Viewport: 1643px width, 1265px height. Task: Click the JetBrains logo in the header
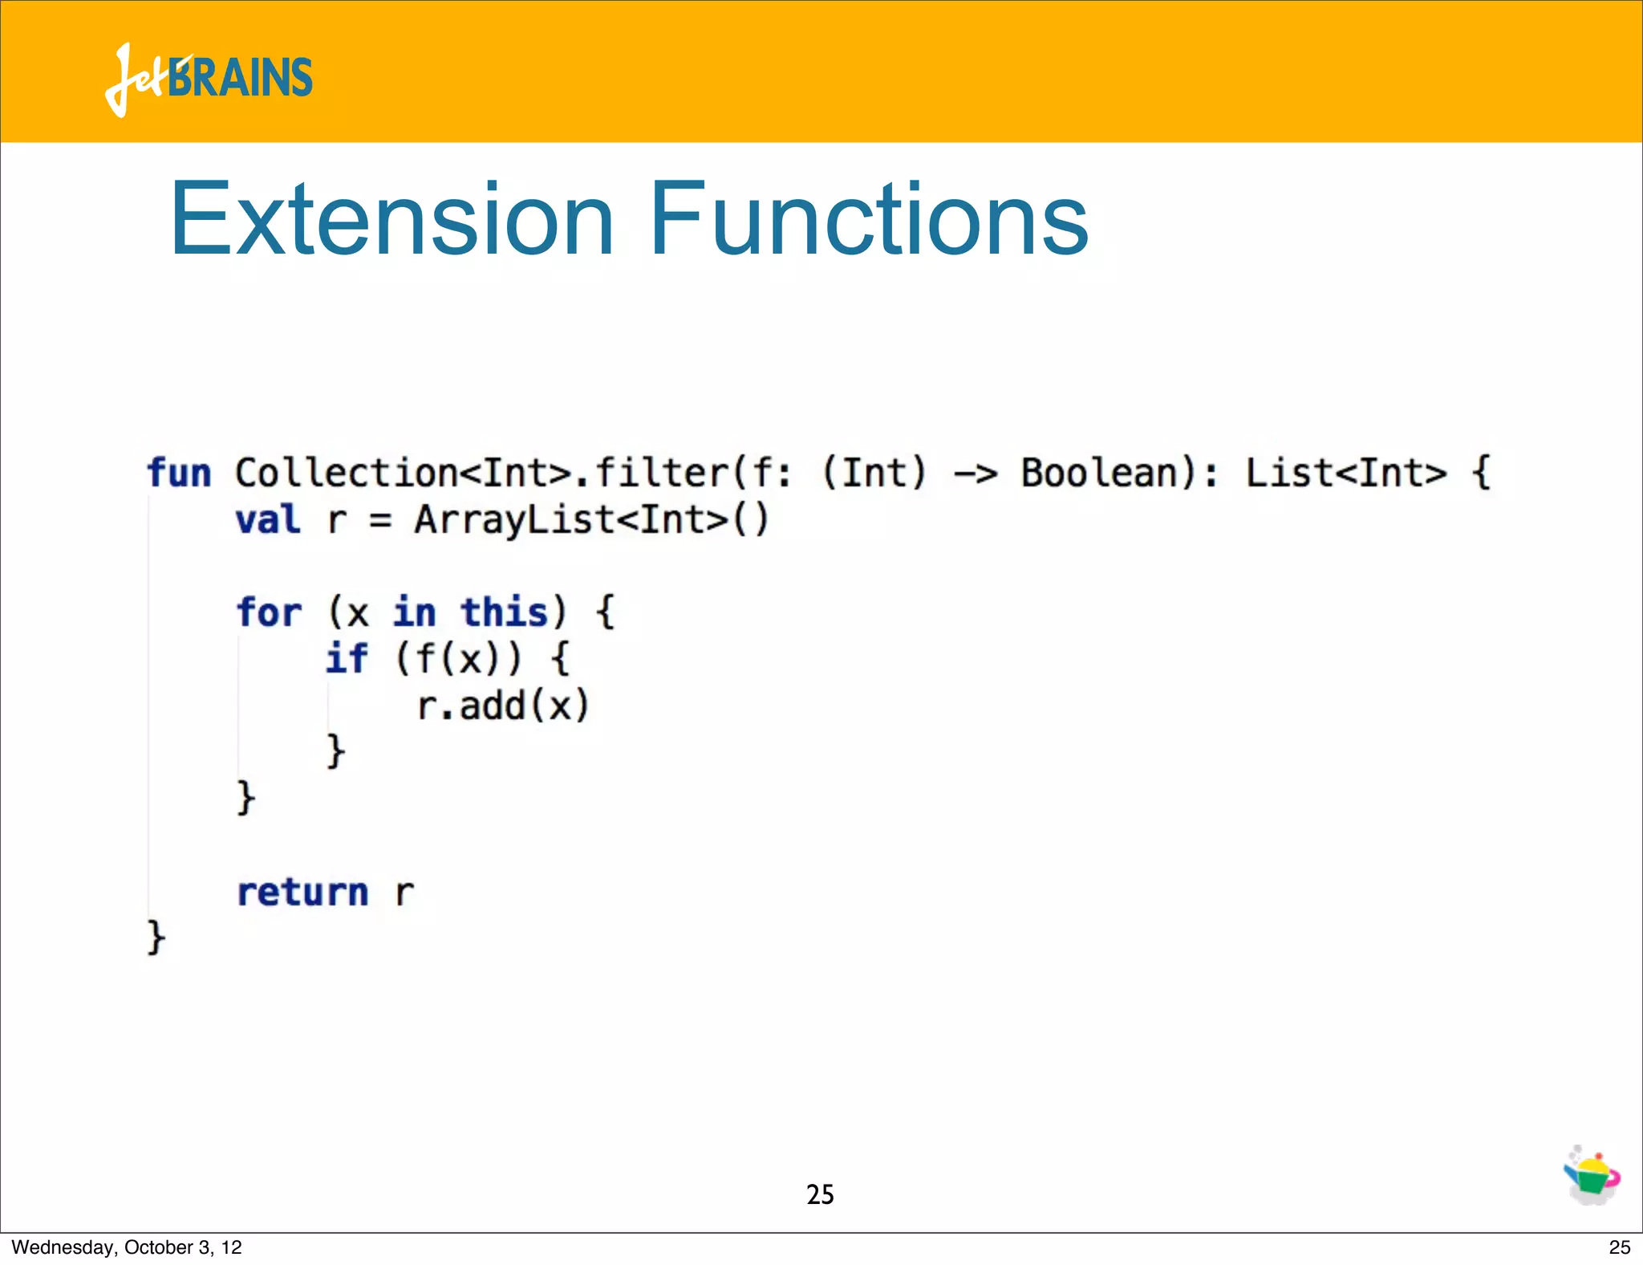pyautogui.click(x=209, y=79)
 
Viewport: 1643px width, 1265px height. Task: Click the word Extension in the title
pyautogui.click(x=391, y=220)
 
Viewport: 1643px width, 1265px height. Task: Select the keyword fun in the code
pyautogui.click(x=179, y=473)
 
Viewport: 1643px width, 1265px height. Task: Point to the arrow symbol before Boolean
pyautogui.click(x=975, y=474)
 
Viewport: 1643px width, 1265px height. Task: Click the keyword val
pyautogui.click(x=268, y=520)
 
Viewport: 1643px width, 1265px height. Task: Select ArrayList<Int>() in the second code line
pyautogui.click(x=591, y=520)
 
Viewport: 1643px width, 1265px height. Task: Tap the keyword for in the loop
pyautogui.click(x=270, y=613)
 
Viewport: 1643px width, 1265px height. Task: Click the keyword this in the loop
pyautogui.click(x=504, y=613)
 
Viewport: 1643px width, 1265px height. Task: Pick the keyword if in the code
pyautogui.click(x=347, y=659)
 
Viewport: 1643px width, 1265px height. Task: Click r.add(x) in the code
pyautogui.click(x=503, y=706)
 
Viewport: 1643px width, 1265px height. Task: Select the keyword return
pyautogui.click(x=302, y=893)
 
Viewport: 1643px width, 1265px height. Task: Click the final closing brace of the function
pyautogui.click(x=156, y=938)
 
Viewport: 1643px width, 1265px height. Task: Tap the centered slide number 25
pyautogui.click(x=820, y=1194)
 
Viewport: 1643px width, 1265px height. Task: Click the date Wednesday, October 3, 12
pyautogui.click(x=127, y=1247)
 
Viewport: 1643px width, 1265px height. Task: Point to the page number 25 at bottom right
pyautogui.click(x=1619, y=1247)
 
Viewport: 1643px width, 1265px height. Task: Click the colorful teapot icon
pyautogui.click(x=1592, y=1175)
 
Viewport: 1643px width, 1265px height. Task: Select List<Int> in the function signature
pyautogui.click(x=1346, y=473)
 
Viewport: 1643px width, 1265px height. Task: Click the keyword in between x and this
pyautogui.click(x=414, y=613)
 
